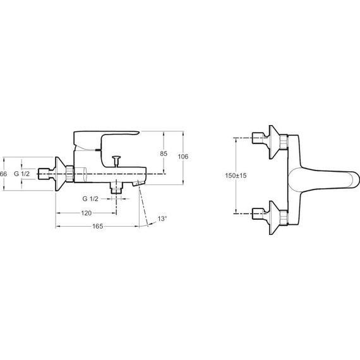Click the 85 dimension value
click(x=164, y=153)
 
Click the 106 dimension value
click(x=183, y=157)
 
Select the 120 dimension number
click(x=87, y=213)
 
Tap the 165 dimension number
click(x=97, y=226)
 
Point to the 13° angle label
click(x=162, y=219)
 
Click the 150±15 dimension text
click(x=236, y=176)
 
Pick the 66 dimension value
click(x=3, y=174)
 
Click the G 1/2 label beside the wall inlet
click(x=22, y=174)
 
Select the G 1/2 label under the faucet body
click(x=90, y=198)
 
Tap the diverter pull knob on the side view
click(x=116, y=161)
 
